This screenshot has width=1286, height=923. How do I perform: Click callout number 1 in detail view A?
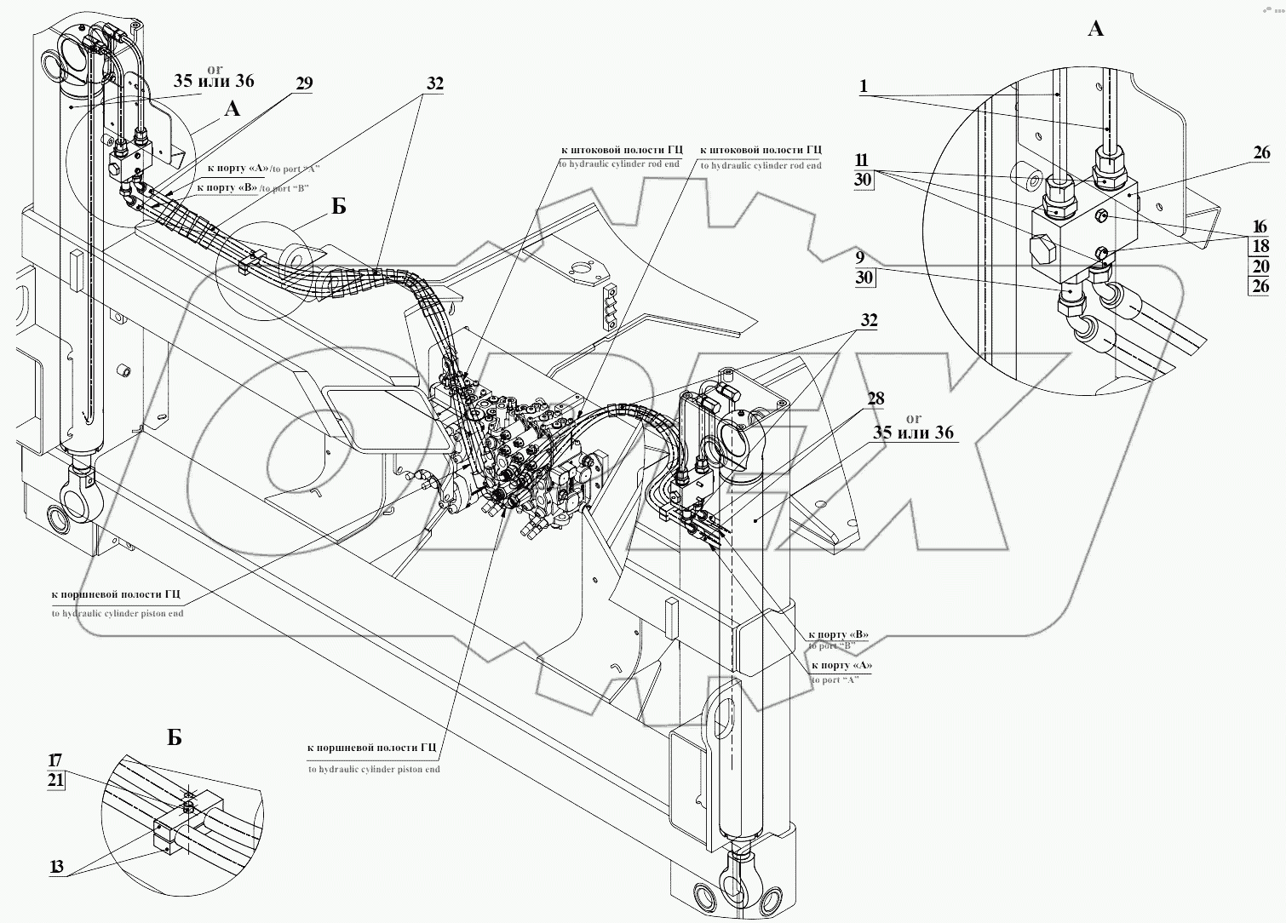[x=864, y=86]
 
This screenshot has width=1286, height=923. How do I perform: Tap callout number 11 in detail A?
[x=862, y=159]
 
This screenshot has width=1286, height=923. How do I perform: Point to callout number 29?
[x=304, y=83]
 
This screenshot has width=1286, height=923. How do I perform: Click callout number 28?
[x=876, y=398]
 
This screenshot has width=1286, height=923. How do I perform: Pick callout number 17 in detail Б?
[x=55, y=760]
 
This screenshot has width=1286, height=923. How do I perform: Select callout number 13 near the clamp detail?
[x=56, y=867]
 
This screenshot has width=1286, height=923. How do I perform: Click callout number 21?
[x=55, y=780]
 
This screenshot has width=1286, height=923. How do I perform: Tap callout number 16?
[x=1260, y=226]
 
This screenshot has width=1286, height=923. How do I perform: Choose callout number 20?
[x=1260, y=267]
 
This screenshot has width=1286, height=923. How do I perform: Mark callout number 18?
[x=1260, y=247]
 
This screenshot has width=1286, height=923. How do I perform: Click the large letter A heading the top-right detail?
[x=1096, y=29]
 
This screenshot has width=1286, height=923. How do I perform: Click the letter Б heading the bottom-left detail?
[x=174, y=737]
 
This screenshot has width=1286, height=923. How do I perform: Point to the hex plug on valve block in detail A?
[x=1041, y=250]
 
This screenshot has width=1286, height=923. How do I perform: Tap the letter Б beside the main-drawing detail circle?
[x=338, y=207]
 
